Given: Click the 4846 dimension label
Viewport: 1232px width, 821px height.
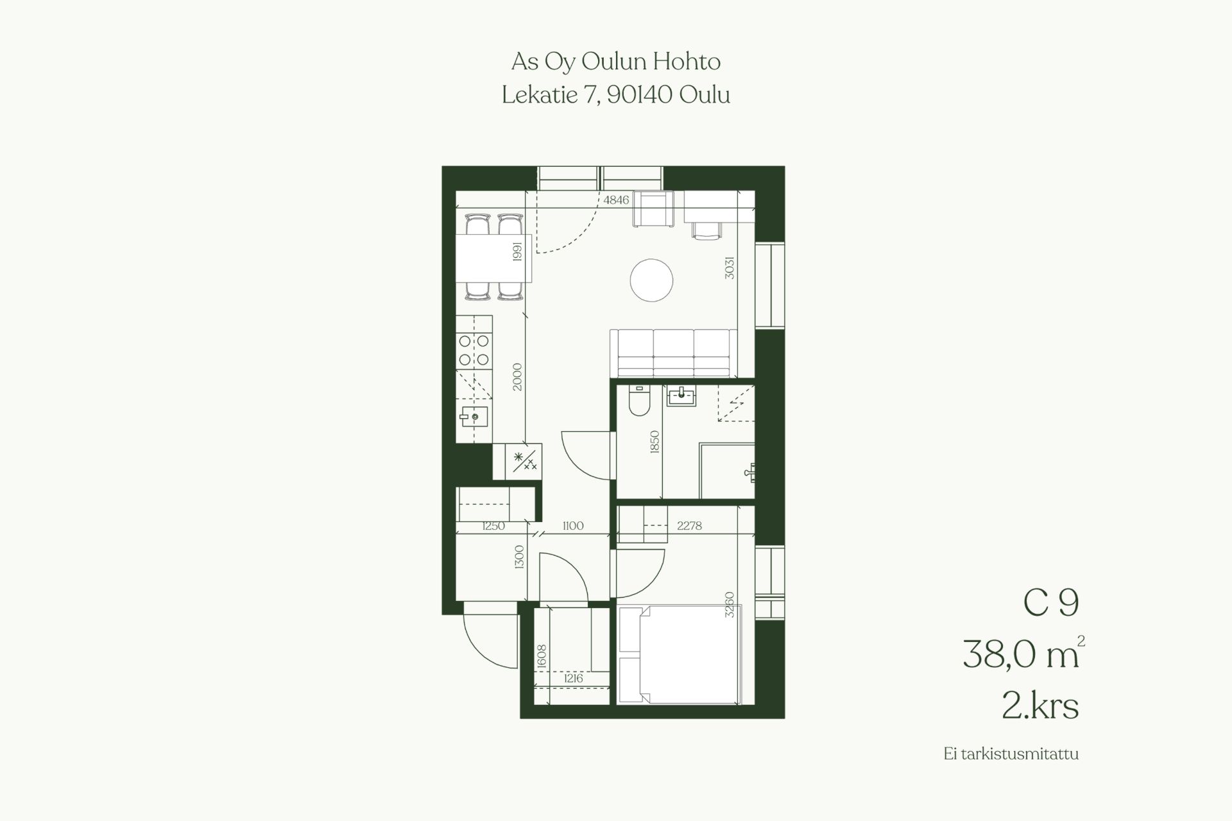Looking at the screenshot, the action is click(x=616, y=200).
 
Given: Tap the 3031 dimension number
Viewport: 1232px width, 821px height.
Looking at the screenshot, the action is click(x=729, y=268).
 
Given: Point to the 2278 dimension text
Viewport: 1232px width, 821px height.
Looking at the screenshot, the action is click(x=689, y=526).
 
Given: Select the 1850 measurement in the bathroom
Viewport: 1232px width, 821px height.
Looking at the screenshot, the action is click(x=654, y=442).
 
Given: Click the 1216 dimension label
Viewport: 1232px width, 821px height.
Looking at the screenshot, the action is click(x=573, y=679).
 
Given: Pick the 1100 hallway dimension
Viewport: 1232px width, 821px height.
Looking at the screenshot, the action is click(x=572, y=526).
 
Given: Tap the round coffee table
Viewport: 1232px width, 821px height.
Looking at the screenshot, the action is click(x=651, y=280).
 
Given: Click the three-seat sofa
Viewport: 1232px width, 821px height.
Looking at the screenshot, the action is click(x=673, y=353).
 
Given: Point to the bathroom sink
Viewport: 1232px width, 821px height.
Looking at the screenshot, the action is click(x=681, y=396).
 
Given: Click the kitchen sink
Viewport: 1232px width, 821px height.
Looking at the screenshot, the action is click(x=474, y=417).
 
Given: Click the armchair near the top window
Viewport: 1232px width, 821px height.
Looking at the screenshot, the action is click(x=654, y=208).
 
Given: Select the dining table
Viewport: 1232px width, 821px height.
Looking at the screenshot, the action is click(x=494, y=258).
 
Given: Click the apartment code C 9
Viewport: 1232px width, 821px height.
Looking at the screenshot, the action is click(x=1051, y=603).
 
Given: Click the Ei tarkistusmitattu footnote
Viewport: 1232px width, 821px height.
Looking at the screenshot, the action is click(x=1011, y=754).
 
